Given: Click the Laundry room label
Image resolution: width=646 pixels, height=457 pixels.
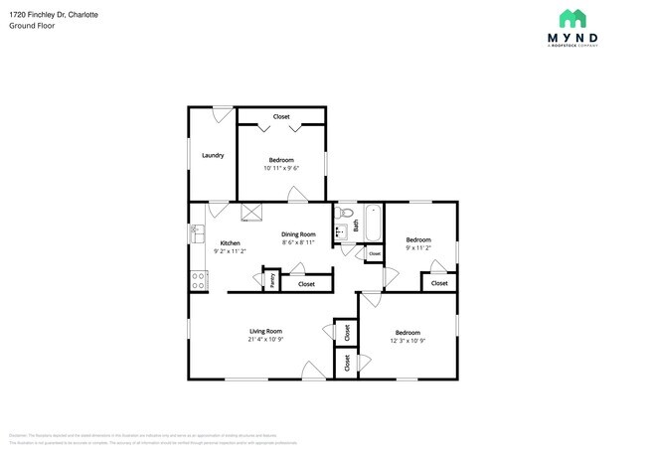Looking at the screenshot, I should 213,155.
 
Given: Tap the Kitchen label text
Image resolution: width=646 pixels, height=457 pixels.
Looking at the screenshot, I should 230,243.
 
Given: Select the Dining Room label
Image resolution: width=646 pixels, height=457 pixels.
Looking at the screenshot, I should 298,233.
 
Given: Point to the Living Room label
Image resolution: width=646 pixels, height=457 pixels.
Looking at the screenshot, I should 265,331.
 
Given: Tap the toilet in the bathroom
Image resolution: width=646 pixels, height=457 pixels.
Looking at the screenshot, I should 347,213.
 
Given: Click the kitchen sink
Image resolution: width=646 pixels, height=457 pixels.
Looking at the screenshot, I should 196,235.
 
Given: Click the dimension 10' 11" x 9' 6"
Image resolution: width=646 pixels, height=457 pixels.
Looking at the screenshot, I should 281,168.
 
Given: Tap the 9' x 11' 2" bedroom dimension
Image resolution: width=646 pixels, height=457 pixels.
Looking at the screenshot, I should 417,248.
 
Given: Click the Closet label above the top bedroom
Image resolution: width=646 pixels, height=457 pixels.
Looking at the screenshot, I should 281,117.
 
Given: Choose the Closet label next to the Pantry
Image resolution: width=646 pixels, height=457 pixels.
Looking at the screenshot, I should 306,284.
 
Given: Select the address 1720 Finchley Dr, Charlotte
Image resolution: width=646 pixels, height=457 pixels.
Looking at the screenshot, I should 48,14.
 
